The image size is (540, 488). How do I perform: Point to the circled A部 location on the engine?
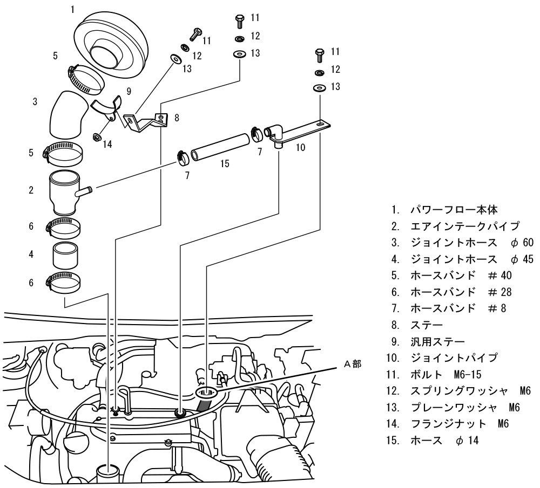(x=206, y=393)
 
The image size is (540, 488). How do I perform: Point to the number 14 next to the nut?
(x=108, y=145)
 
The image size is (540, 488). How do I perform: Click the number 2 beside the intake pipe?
(x=31, y=190)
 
